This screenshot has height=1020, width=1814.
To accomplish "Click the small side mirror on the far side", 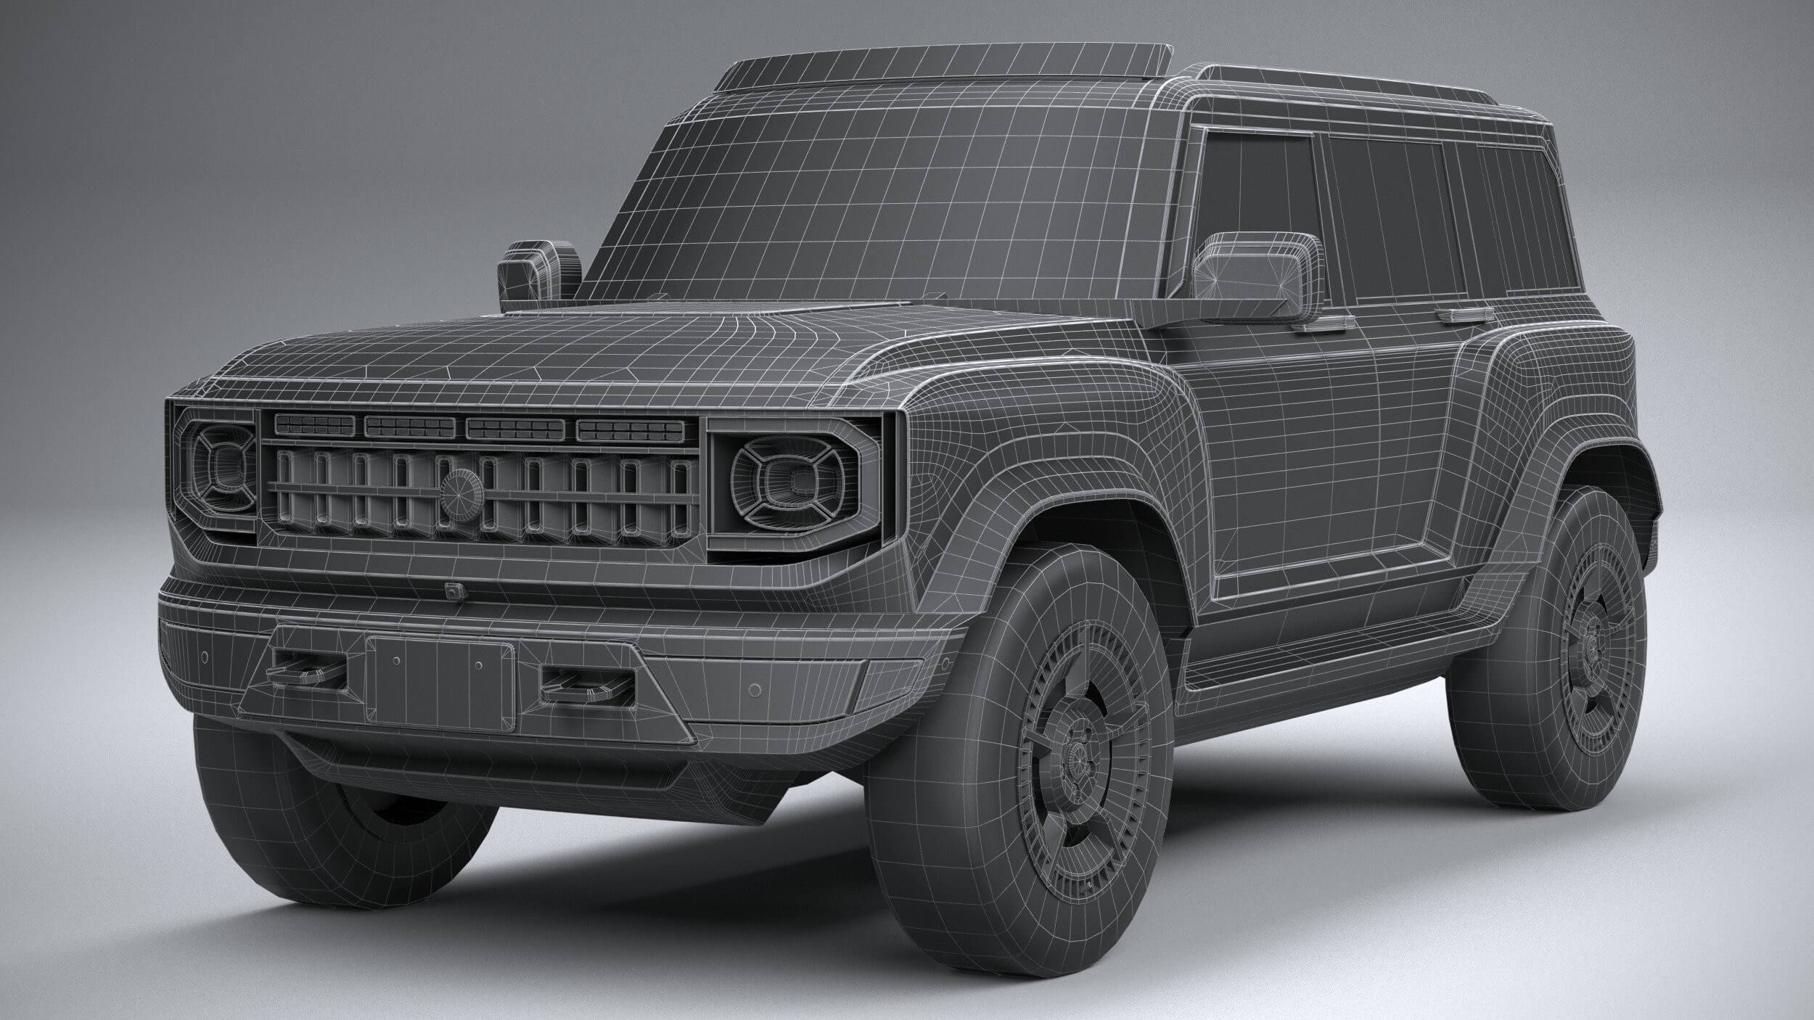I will click(537, 272).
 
